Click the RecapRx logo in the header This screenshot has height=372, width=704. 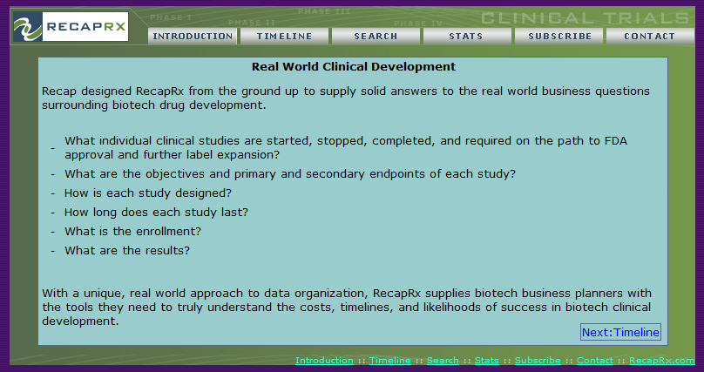click(x=71, y=27)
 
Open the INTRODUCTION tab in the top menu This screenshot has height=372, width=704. click(x=193, y=37)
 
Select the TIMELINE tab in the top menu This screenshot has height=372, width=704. click(x=285, y=37)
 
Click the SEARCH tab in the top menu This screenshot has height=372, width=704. click(x=376, y=37)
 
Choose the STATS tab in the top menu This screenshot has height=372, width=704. click(x=466, y=37)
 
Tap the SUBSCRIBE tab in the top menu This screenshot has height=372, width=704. click(x=559, y=37)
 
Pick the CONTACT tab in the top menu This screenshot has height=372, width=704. click(x=650, y=37)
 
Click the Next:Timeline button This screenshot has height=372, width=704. click(x=620, y=332)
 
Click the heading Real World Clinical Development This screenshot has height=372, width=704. click(x=354, y=67)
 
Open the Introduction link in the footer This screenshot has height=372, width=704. click(x=324, y=361)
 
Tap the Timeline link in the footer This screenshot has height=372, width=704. click(x=389, y=361)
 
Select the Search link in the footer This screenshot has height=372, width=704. click(x=443, y=361)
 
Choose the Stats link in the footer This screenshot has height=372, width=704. click(x=487, y=361)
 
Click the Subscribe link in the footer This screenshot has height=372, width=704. click(x=538, y=361)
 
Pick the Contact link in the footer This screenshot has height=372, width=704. click(x=595, y=361)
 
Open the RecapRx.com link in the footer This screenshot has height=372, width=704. click(x=662, y=361)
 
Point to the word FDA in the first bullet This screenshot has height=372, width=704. click(x=615, y=141)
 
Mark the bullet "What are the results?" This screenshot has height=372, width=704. click(x=127, y=250)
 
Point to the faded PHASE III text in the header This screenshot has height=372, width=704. click(x=324, y=11)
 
